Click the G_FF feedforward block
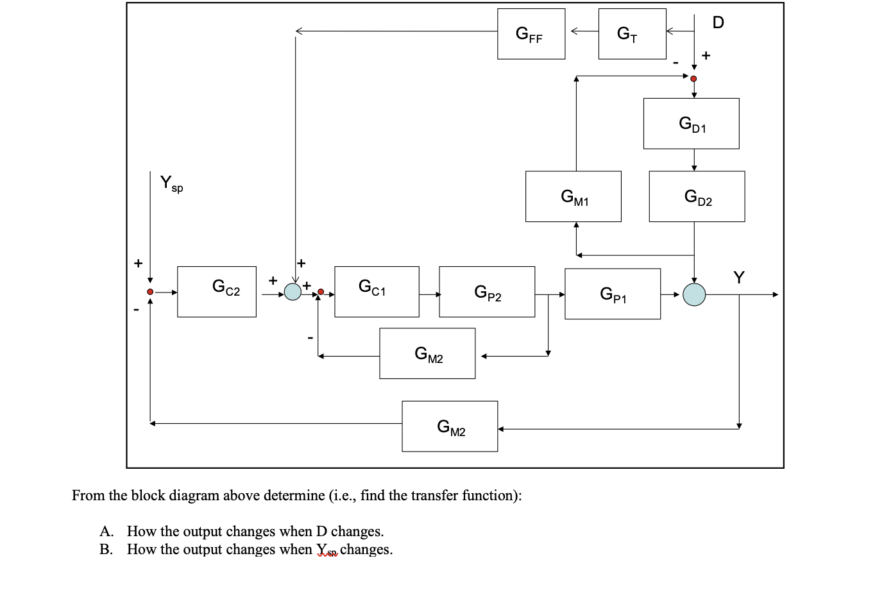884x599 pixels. click(x=531, y=34)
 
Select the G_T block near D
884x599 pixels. click(x=632, y=34)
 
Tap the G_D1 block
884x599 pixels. click(x=691, y=124)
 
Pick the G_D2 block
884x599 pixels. click(x=697, y=196)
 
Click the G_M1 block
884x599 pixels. click(x=573, y=196)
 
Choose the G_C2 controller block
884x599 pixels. click(x=217, y=292)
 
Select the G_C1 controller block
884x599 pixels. click(x=377, y=292)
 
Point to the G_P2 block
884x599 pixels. click(x=487, y=292)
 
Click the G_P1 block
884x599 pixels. click(x=613, y=294)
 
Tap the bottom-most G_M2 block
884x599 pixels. click(x=450, y=426)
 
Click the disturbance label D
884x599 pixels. click(x=718, y=23)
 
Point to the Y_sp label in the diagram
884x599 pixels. click(x=171, y=183)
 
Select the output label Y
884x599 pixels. click(x=739, y=277)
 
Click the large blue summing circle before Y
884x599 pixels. click(x=694, y=294)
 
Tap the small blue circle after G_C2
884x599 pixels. click(x=293, y=292)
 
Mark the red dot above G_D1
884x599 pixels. click(x=693, y=78)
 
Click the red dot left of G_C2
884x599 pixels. click(x=150, y=292)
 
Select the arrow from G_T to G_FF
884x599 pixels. click(x=582, y=31)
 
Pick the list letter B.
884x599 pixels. click(x=105, y=550)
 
